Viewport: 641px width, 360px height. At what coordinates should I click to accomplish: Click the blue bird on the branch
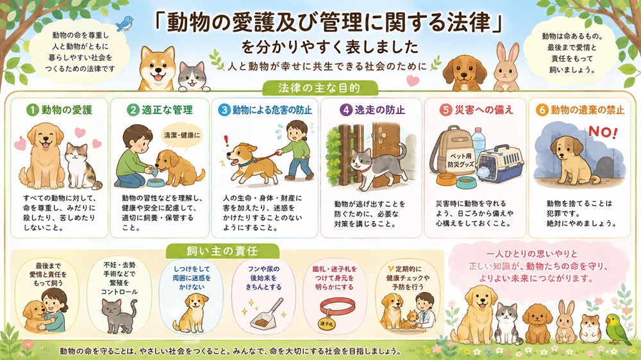point(125,23)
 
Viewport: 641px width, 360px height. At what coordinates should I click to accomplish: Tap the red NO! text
point(603,133)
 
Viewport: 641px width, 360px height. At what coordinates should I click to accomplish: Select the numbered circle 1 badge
point(32,110)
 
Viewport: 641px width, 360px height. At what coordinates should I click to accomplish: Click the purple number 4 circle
point(347,110)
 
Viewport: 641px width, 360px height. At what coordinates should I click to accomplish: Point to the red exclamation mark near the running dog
point(226,142)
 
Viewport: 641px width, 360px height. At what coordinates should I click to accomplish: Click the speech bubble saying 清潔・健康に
point(182,135)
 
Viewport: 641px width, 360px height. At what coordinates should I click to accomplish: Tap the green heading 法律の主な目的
point(319,88)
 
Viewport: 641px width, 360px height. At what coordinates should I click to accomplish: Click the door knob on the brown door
point(382,135)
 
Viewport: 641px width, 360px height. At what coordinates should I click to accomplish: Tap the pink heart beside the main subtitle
point(413,80)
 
